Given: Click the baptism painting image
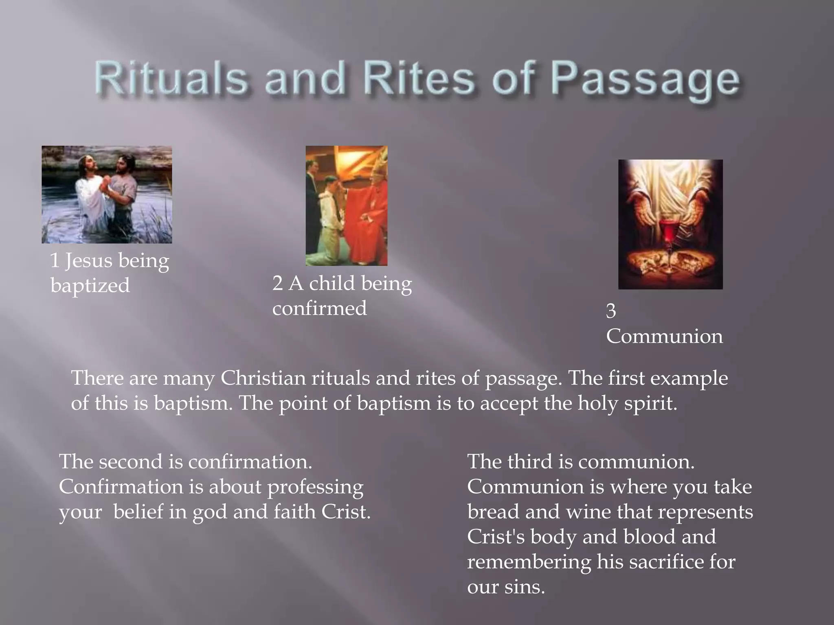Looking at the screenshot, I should click(x=107, y=194).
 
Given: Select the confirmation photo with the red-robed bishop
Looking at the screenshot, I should click(x=347, y=205).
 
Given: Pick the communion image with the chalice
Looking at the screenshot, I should click(x=670, y=224).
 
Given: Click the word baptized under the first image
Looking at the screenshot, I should click(x=90, y=285).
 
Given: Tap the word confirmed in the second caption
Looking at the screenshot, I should click(x=319, y=308).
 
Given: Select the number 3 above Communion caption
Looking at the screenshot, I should click(x=611, y=311).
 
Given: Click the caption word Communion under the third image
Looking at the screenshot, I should click(x=664, y=336).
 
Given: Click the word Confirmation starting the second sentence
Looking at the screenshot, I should click(x=121, y=487).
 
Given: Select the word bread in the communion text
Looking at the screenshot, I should click(x=493, y=511).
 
